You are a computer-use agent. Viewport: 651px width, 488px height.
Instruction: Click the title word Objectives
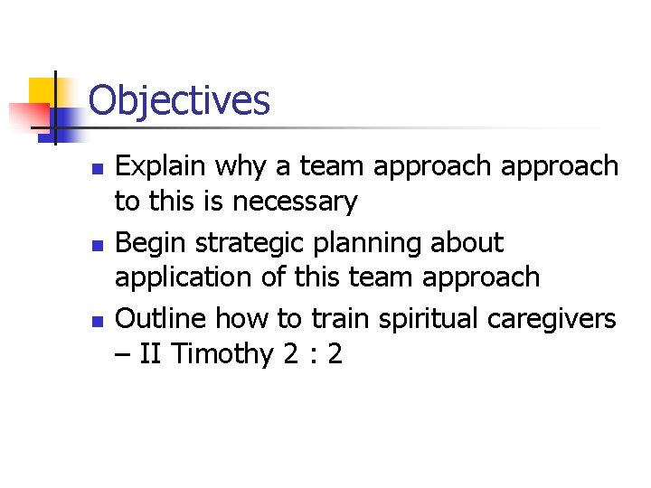coord(179,100)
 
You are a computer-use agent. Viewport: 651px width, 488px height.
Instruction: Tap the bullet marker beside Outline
coord(99,321)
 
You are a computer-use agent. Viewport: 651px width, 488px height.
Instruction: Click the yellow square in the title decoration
coord(42,90)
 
